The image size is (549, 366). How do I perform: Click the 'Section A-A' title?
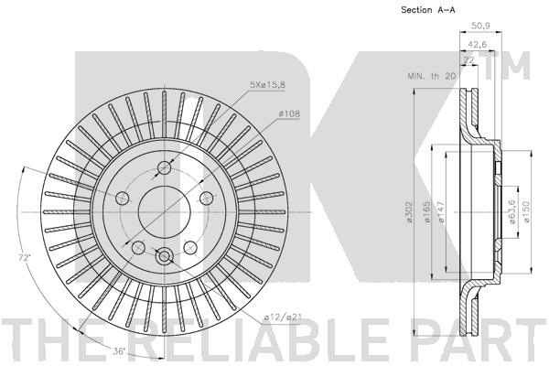[x=428, y=10]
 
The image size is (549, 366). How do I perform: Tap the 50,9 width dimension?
[x=480, y=26]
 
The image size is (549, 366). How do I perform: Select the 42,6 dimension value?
[x=478, y=45]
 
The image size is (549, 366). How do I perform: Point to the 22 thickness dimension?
[x=468, y=60]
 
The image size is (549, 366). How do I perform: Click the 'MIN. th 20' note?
[x=431, y=76]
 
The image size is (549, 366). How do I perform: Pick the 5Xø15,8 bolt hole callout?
[x=267, y=85]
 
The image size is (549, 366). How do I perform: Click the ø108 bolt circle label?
[x=289, y=113]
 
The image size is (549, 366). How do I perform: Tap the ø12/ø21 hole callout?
[x=283, y=318]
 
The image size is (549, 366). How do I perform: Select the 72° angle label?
[x=25, y=257]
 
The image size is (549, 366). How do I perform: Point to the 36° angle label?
[x=119, y=351]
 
